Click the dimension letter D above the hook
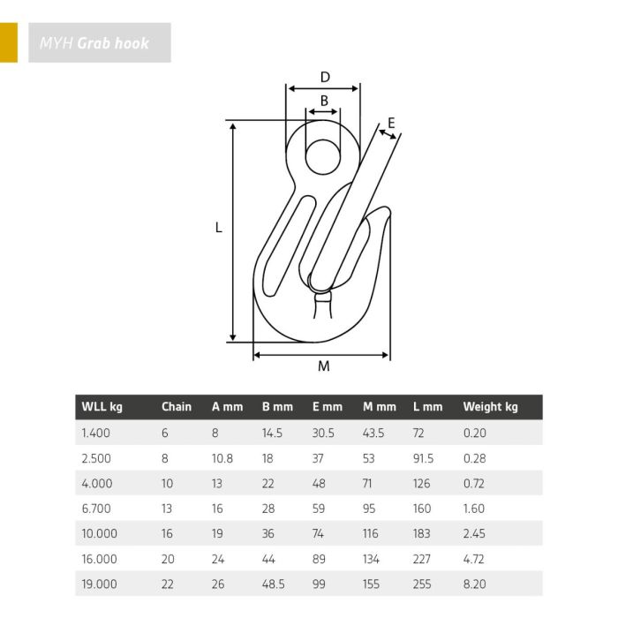coord(325,77)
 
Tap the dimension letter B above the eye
coord(324,101)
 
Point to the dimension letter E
coord(391,123)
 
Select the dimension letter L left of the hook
coord(219,228)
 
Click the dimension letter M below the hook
coord(324,366)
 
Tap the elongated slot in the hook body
coord(290,245)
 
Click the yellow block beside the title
coord(9,42)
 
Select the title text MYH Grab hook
coord(94,43)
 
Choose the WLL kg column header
coord(102,407)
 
